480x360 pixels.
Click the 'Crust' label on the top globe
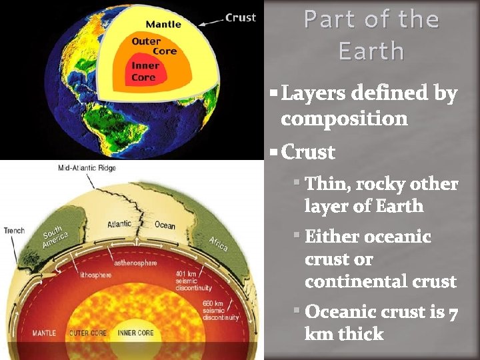coord(241,18)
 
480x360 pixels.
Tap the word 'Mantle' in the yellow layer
coord(163,25)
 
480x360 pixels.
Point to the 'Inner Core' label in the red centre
coord(145,71)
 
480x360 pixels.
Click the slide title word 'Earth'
coord(371,51)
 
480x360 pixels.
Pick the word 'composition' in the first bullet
coord(344,119)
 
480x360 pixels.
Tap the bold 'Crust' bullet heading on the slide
coord(308,152)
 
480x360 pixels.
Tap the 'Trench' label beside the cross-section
coord(14,231)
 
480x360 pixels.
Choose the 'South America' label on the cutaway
coord(55,237)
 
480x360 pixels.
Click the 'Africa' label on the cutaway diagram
coord(218,243)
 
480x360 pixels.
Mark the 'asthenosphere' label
coord(135,263)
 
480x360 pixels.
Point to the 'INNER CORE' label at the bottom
coord(136,332)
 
